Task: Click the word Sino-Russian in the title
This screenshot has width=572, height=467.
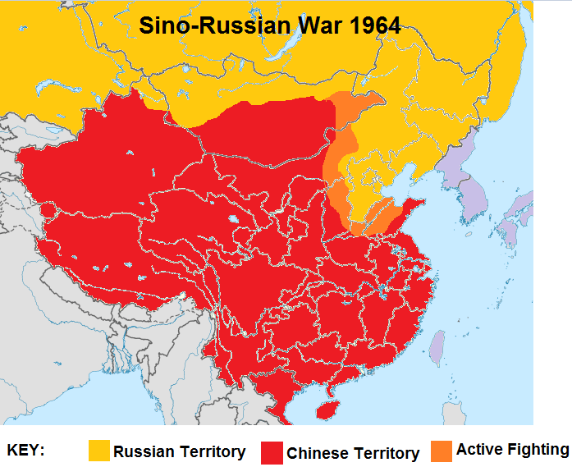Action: tap(211, 25)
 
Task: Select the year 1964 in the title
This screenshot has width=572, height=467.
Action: tap(374, 25)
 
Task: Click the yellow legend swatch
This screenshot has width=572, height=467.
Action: tap(98, 451)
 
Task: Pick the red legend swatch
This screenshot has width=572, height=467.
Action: tap(272, 452)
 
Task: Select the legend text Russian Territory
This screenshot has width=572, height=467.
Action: tap(179, 451)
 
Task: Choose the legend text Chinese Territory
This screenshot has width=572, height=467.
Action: tap(353, 453)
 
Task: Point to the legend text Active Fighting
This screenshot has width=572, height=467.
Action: tap(512, 449)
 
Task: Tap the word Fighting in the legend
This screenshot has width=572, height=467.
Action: tap(538, 449)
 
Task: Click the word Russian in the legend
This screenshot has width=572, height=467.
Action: tap(143, 451)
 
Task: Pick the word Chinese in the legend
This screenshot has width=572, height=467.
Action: tap(318, 453)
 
